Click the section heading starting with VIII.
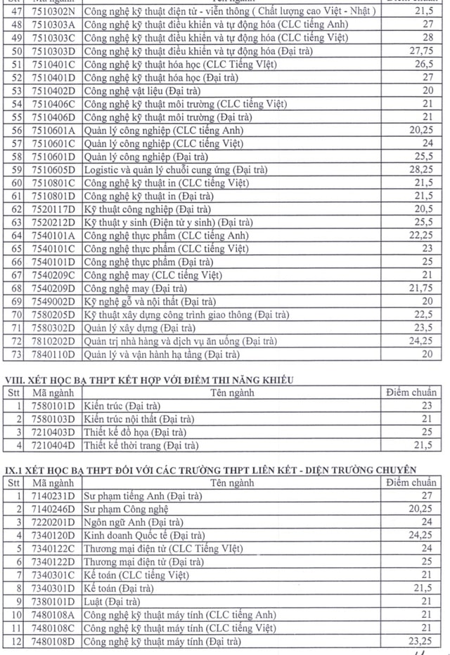point(149,380)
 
